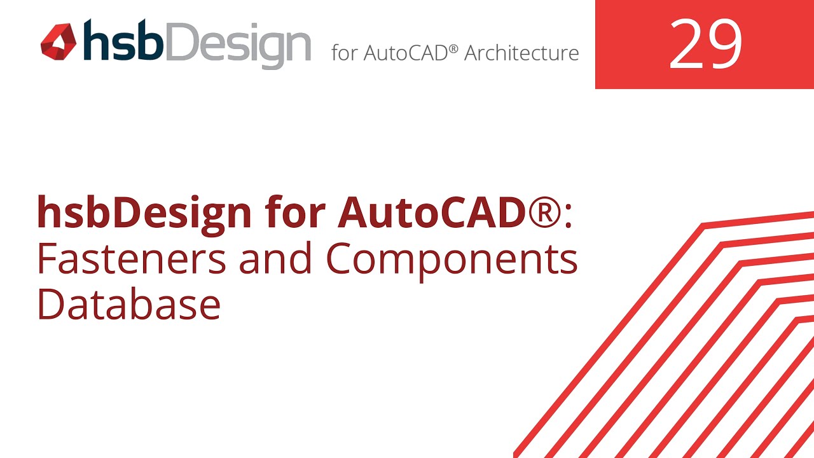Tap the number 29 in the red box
[x=705, y=45]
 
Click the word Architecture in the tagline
[x=521, y=53]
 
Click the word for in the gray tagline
[x=344, y=53]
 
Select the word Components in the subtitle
[x=452, y=260]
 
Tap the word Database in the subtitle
[x=129, y=304]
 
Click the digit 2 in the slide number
[x=686, y=45]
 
